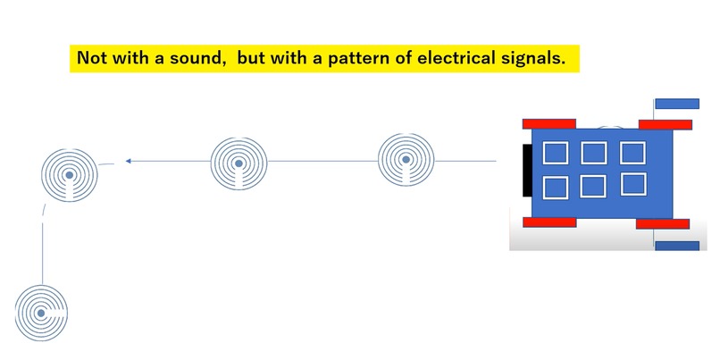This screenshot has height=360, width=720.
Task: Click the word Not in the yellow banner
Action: tap(89, 58)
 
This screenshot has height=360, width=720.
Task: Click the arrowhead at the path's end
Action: tap(129, 161)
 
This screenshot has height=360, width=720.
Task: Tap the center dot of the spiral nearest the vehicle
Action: tap(406, 160)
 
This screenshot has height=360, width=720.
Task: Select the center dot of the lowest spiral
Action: tap(41, 314)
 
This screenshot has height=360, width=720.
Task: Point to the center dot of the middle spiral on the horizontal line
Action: tap(239, 163)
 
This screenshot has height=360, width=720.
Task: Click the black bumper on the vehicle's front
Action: tap(527, 171)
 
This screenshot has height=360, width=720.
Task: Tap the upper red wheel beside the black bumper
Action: tap(549, 124)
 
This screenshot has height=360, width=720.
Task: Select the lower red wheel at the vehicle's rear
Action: tap(663, 224)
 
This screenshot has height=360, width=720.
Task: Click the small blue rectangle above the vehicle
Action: tap(677, 104)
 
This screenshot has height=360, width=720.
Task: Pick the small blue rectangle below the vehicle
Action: tap(677, 247)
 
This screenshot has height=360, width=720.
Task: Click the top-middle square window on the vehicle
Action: tap(594, 153)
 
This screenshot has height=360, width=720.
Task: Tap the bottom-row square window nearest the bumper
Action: tap(556, 188)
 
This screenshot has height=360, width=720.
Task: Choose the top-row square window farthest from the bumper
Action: tap(632, 153)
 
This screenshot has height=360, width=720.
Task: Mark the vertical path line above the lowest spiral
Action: tap(42, 254)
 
